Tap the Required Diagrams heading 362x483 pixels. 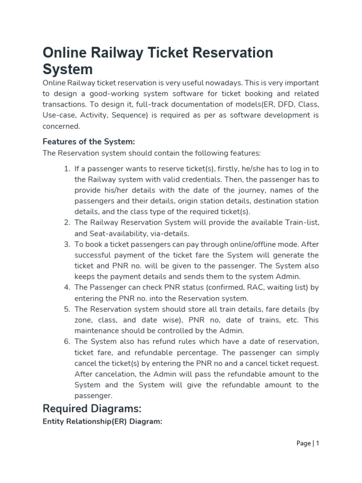(92, 408)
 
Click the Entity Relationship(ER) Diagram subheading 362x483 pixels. (102, 422)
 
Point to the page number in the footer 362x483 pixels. (308, 443)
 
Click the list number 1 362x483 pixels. (66, 168)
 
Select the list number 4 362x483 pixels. (66, 287)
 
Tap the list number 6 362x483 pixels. (66, 341)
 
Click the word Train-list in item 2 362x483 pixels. (298, 223)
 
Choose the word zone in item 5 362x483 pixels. (84, 320)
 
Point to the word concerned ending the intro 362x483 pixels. (61, 126)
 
